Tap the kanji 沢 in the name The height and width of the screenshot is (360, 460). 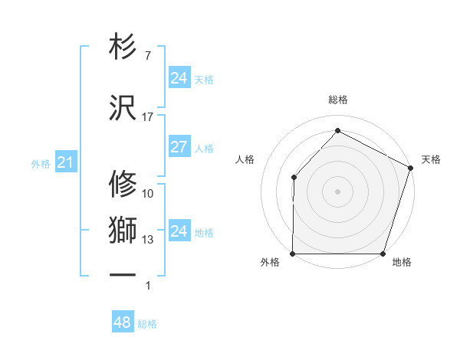[x=123, y=109]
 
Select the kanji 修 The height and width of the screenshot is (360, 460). [x=123, y=183]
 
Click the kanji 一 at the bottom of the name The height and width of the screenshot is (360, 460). [x=123, y=274]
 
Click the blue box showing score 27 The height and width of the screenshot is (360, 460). [x=179, y=148]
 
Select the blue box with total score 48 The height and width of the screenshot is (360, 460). [x=123, y=322]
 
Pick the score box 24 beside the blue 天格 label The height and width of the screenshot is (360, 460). [x=179, y=78]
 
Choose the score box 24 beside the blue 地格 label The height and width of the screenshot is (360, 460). [x=179, y=231]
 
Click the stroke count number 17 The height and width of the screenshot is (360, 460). [x=148, y=117]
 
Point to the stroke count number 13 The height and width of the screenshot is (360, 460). [x=148, y=240]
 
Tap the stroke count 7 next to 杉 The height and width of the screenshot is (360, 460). [x=147, y=56]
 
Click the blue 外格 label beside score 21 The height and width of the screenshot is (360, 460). [x=40, y=163]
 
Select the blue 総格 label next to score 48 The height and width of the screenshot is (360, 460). [x=147, y=324]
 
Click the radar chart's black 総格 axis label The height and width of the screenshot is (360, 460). [x=337, y=100]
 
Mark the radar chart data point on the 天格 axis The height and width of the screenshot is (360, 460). [x=410, y=168]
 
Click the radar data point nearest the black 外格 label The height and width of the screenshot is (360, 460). [x=293, y=254]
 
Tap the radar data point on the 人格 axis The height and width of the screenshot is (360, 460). [x=294, y=178]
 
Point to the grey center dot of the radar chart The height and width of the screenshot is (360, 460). [x=337, y=191]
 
